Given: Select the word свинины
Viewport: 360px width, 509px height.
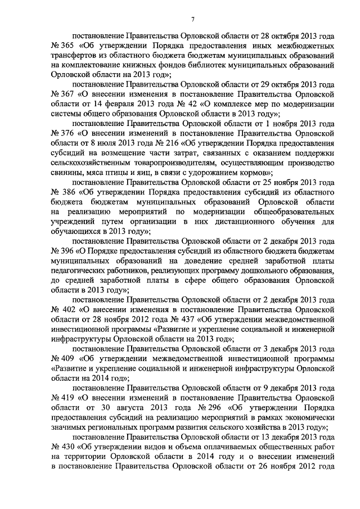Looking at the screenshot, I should (69, 172).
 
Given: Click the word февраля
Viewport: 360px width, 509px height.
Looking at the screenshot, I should (112, 103).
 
